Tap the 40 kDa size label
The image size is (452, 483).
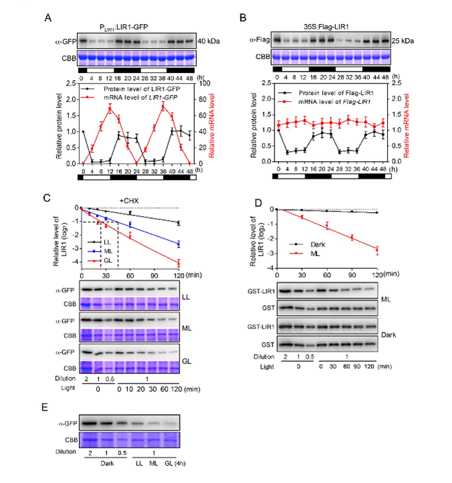coord(212,42)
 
